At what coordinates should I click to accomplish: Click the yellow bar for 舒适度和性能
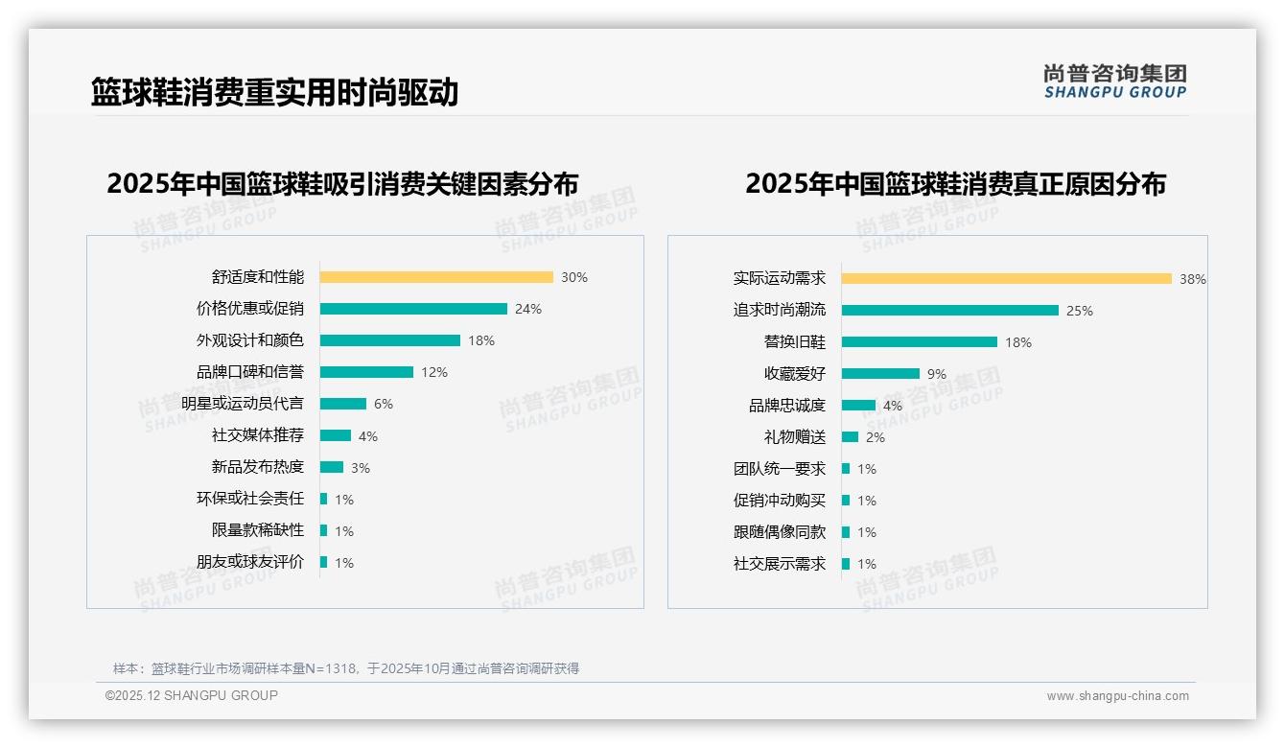click(x=436, y=277)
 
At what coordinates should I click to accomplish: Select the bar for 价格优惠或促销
click(x=413, y=309)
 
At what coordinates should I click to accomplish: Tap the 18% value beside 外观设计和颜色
click(x=481, y=340)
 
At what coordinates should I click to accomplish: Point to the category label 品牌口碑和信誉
click(x=249, y=372)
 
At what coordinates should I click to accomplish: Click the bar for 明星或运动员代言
click(x=343, y=404)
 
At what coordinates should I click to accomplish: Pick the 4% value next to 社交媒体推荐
click(x=368, y=436)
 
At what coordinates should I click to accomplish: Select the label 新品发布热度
click(x=257, y=467)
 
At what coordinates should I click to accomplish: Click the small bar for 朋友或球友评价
click(x=324, y=562)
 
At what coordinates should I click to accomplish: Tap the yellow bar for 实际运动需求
click(x=1007, y=279)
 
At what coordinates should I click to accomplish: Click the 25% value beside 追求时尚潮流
click(x=1080, y=311)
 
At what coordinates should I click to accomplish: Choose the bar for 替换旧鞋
click(x=920, y=342)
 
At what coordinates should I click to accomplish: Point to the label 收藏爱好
click(x=794, y=374)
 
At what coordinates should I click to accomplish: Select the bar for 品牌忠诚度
click(x=858, y=406)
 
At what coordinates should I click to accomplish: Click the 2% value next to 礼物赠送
click(x=876, y=437)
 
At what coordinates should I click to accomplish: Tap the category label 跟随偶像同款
click(x=779, y=532)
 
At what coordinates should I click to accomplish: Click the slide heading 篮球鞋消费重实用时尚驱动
click(x=274, y=92)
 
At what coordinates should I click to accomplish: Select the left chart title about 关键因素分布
click(x=342, y=183)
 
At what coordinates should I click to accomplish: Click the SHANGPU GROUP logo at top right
click(x=1114, y=82)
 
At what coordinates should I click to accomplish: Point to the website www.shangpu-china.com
click(x=1117, y=696)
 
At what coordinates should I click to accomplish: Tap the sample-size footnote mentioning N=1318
click(x=346, y=668)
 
